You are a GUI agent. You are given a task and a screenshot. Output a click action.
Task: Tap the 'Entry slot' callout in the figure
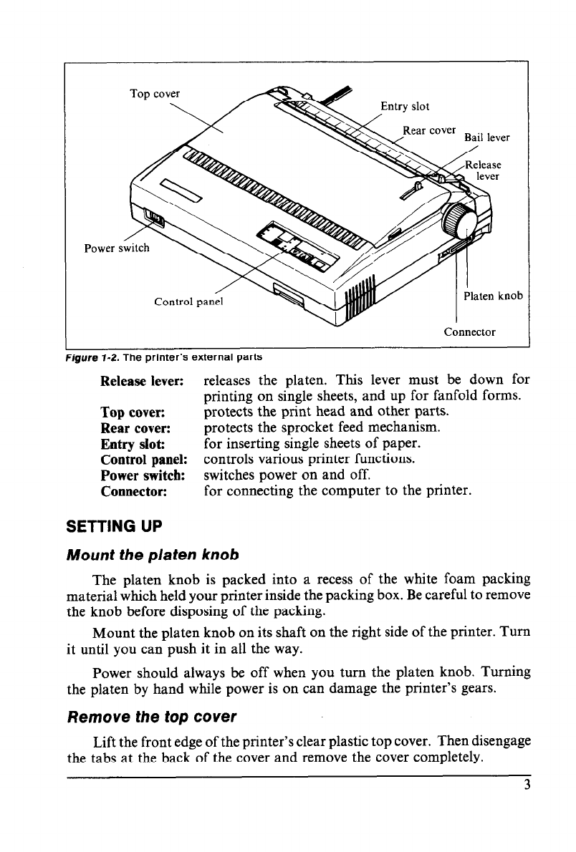(x=405, y=107)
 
